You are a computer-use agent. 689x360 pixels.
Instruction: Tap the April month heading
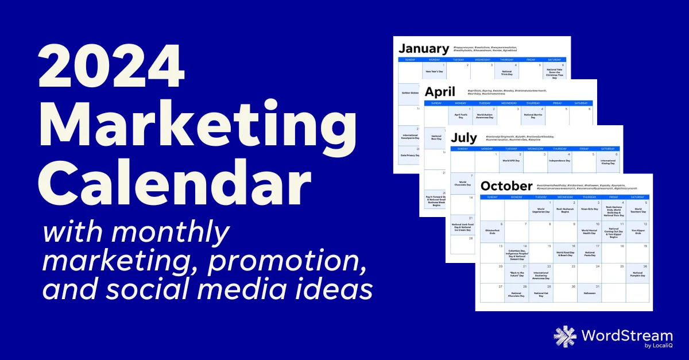440,91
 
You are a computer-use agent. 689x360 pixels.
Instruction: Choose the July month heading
463,138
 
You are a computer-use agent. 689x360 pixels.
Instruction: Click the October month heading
507,185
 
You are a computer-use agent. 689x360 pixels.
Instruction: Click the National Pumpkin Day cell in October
637,273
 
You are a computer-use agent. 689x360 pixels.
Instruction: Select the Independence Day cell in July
559,161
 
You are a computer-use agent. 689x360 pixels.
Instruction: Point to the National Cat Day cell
540,293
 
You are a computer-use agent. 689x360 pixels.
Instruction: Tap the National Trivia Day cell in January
507,72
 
